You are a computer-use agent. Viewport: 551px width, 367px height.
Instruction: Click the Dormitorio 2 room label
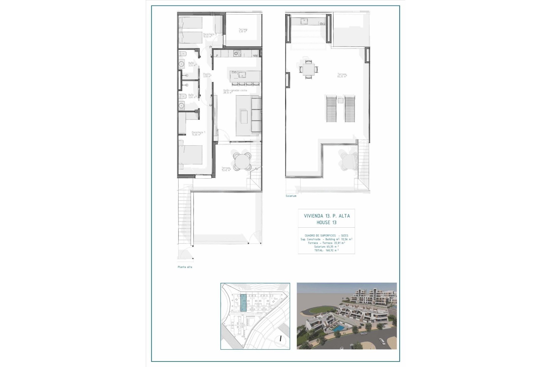coord(209,35)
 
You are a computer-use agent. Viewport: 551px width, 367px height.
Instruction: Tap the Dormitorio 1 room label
coord(198,133)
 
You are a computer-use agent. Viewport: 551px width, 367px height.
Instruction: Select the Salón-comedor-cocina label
coord(235,91)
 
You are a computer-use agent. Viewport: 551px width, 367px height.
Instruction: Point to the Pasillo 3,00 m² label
coord(207,75)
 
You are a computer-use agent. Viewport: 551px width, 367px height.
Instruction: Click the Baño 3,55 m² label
coord(191,64)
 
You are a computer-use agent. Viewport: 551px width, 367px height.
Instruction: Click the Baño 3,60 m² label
coord(191,96)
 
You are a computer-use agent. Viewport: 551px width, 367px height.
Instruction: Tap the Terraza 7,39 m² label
coord(243,30)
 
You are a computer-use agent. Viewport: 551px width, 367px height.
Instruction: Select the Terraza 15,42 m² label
coord(226,169)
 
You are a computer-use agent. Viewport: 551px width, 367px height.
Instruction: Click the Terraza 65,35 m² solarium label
coord(342,75)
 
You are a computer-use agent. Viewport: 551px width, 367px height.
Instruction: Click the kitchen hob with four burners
coord(237,53)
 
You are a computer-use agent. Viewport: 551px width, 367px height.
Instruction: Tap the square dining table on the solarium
coord(308,69)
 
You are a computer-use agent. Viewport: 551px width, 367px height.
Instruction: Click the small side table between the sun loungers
coord(340,100)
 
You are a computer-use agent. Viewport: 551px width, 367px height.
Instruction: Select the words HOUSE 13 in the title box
coord(327,222)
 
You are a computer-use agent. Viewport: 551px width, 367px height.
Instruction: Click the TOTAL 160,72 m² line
coord(326,250)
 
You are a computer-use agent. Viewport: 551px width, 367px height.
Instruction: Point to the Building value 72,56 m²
coord(346,239)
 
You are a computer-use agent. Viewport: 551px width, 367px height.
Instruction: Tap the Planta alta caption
coord(185,267)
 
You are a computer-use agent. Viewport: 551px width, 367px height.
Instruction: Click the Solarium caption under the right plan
coord(291,196)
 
